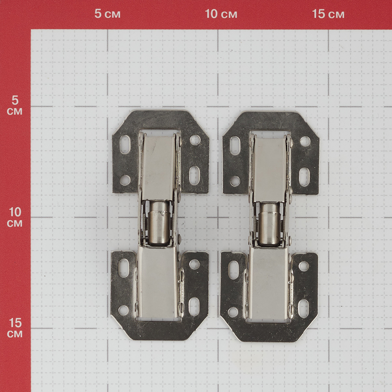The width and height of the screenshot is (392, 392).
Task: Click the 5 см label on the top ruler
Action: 107,14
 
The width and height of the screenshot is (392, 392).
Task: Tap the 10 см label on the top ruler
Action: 221,14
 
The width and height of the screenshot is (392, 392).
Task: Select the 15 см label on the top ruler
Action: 328,14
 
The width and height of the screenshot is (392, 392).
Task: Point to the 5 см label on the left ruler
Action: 15,105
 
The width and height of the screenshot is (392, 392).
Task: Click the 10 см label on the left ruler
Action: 15,217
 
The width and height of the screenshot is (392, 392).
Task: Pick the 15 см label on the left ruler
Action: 15,328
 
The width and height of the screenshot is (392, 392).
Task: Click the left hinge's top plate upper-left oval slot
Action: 125,144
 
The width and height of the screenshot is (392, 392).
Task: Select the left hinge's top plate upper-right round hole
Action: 195,140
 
